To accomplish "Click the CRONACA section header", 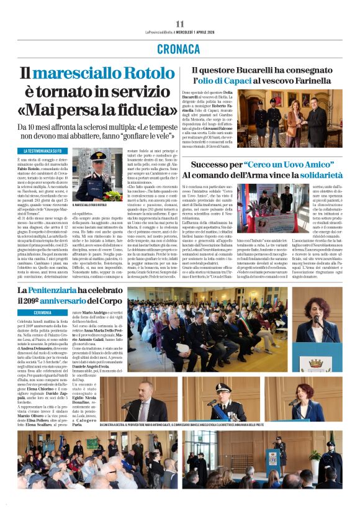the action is [x=179, y=48].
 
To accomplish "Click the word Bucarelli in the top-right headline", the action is [x=251, y=71].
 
